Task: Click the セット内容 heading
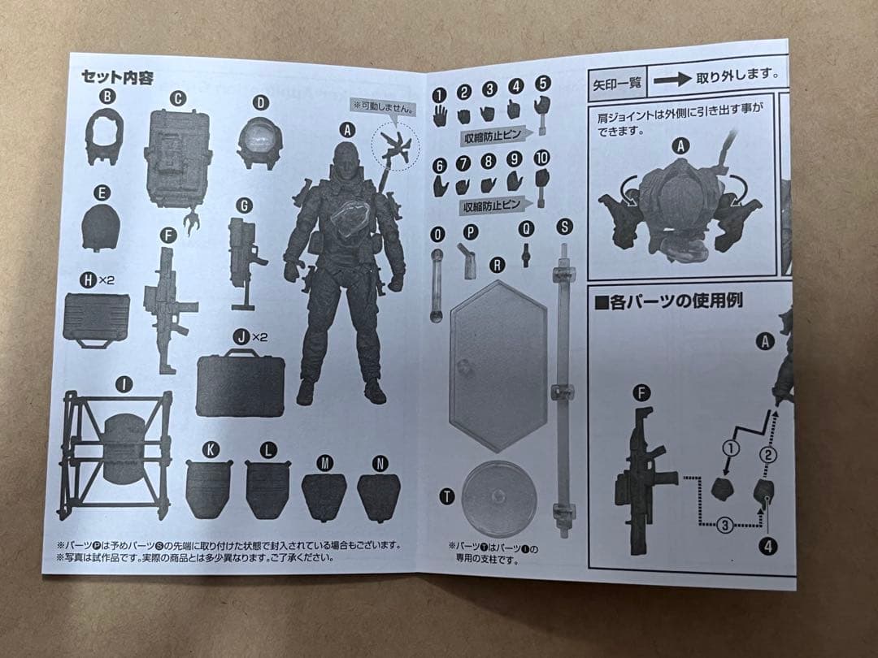point(118,78)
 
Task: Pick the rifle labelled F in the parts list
point(168,309)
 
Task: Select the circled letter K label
point(211,449)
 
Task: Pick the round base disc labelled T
point(498,499)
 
